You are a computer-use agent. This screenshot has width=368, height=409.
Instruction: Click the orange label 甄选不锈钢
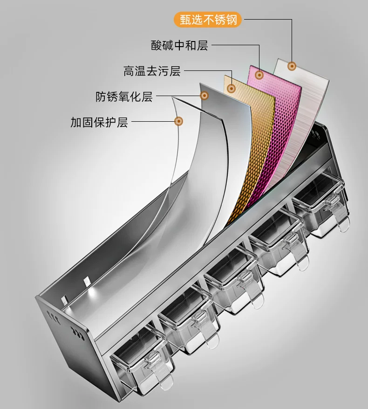point(208,20)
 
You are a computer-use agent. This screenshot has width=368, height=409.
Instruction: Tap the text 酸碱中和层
point(179,45)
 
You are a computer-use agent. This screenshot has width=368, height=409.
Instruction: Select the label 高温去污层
point(152,71)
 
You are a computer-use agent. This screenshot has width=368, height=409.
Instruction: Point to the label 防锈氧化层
point(124,97)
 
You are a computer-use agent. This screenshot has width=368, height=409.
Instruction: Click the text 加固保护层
point(99,122)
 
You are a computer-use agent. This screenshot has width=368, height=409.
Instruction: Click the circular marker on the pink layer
point(259,76)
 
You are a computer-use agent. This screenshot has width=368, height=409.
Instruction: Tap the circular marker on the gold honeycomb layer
point(231,89)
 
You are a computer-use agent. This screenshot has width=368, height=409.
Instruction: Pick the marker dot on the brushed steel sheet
point(292,66)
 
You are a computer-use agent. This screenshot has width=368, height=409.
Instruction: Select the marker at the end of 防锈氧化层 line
point(204,96)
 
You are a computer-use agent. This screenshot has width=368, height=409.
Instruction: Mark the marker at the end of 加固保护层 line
point(178,121)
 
